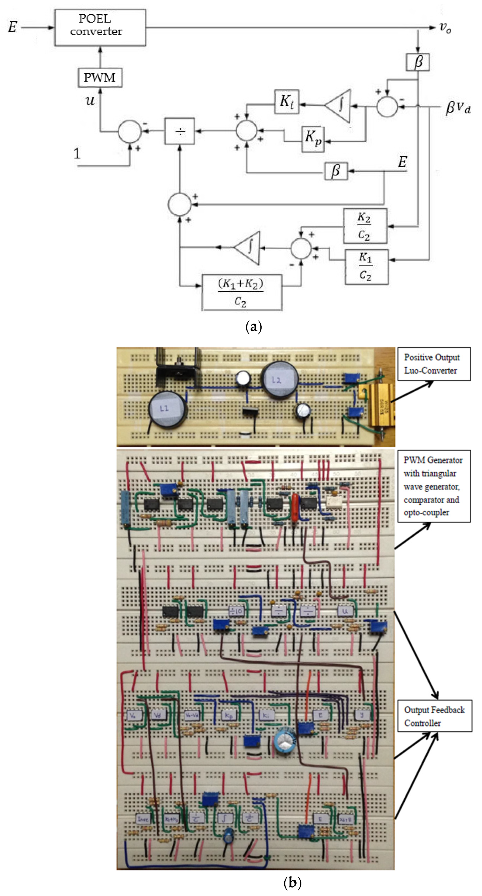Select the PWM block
click(x=100, y=77)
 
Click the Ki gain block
click(x=287, y=102)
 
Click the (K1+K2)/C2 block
click(x=242, y=292)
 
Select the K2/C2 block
click(x=365, y=226)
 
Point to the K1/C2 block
click(x=366, y=267)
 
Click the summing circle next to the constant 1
click(x=129, y=131)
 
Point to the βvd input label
click(x=458, y=108)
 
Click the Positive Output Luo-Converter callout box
click(x=434, y=364)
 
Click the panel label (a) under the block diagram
click(x=253, y=327)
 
